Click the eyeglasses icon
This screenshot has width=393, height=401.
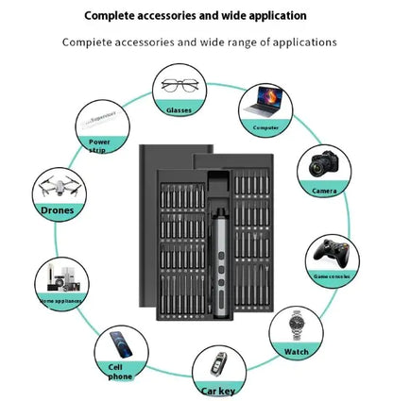coord(179,85)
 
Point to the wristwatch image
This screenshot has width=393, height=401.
coord(296,327)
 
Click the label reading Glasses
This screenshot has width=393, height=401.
coord(179,110)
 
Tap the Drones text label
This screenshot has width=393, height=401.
coord(57,210)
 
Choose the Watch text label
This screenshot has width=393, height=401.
coord(297,352)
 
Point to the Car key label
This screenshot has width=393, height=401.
coord(219,390)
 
